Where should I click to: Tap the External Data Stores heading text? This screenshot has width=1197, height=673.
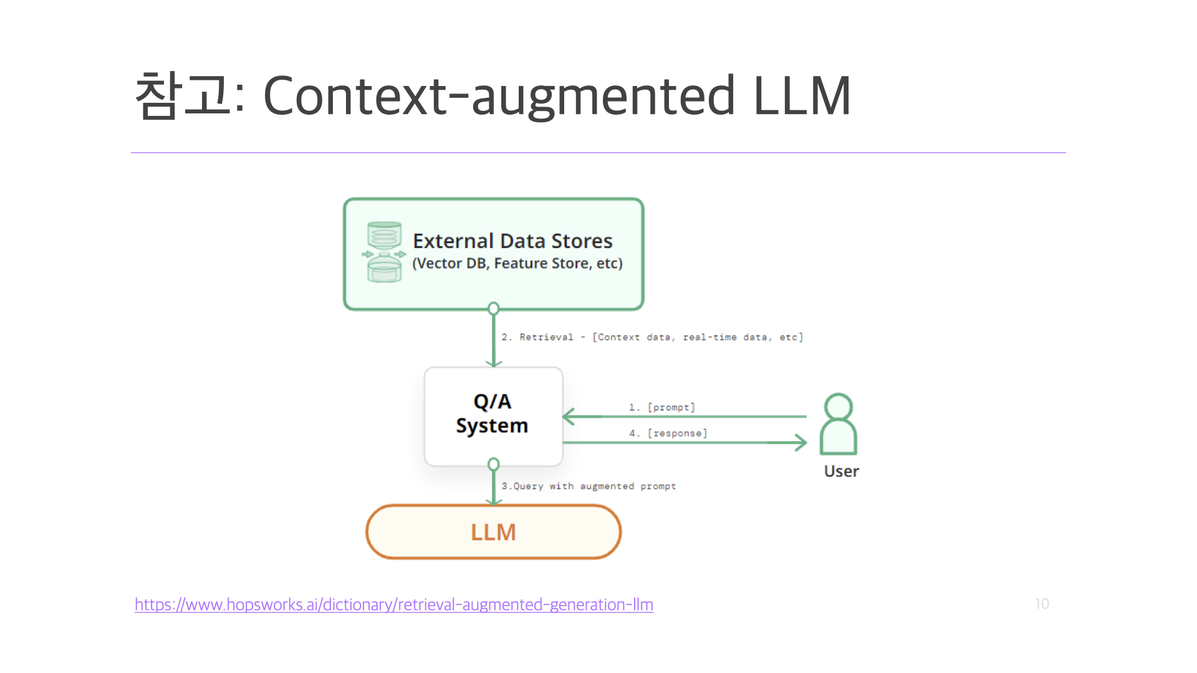tap(512, 241)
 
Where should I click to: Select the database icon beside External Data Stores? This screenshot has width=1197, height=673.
tap(384, 252)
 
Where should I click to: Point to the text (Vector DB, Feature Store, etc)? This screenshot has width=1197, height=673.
tap(517, 264)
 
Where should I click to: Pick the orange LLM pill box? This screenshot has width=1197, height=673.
tap(493, 532)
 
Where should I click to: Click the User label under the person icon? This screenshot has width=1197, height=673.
tap(841, 471)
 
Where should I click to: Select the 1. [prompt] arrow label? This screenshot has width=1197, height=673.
tap(661, 407)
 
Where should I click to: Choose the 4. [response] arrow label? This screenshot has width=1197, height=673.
tap(668, 433)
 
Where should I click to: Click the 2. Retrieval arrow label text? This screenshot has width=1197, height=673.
tap(652, 337)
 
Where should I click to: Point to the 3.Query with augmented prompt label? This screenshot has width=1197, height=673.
tap(589, 486)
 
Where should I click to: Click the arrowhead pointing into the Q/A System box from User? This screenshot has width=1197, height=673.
tap(569, 416)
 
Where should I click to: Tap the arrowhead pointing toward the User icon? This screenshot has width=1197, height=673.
tap(800, 442)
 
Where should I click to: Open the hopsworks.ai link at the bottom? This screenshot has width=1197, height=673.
tap(393, 604)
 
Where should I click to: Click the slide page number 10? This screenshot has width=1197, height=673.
tap(1042, 604)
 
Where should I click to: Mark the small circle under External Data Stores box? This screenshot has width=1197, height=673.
tap(494, 308)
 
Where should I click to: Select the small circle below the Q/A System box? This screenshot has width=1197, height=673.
tap(494, 464)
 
